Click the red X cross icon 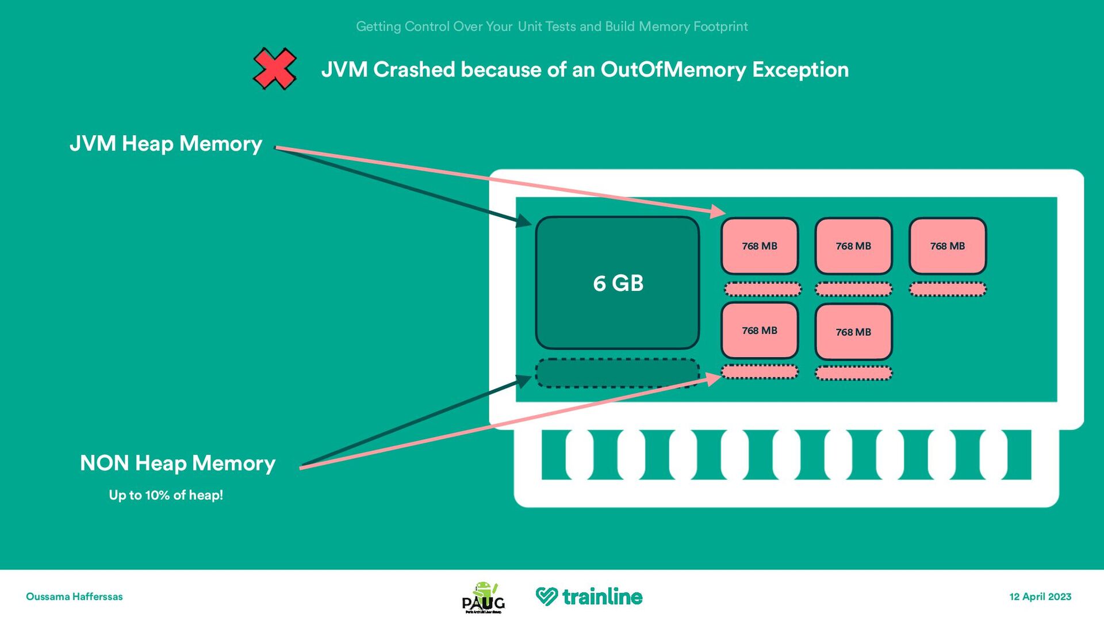coord(275,69)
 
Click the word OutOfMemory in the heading coord(673,70)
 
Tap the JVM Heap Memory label coord(166,143)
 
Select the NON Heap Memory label coord(178,463)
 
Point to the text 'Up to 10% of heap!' coord(166,495)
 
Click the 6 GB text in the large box coord(618,283)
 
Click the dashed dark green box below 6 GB coord(617,373)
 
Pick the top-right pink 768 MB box coord(948,246)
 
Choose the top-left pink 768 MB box coord(760,246)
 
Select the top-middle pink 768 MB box coord(853,246)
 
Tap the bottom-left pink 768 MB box coord(760,331)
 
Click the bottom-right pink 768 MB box coord(853,332)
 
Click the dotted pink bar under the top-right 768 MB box coord(948,289)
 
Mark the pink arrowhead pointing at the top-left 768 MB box coord(718,212)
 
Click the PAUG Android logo coord(484,597)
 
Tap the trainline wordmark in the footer coord(602,597)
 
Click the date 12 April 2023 coord(1040,597)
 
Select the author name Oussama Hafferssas coord(74,597)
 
